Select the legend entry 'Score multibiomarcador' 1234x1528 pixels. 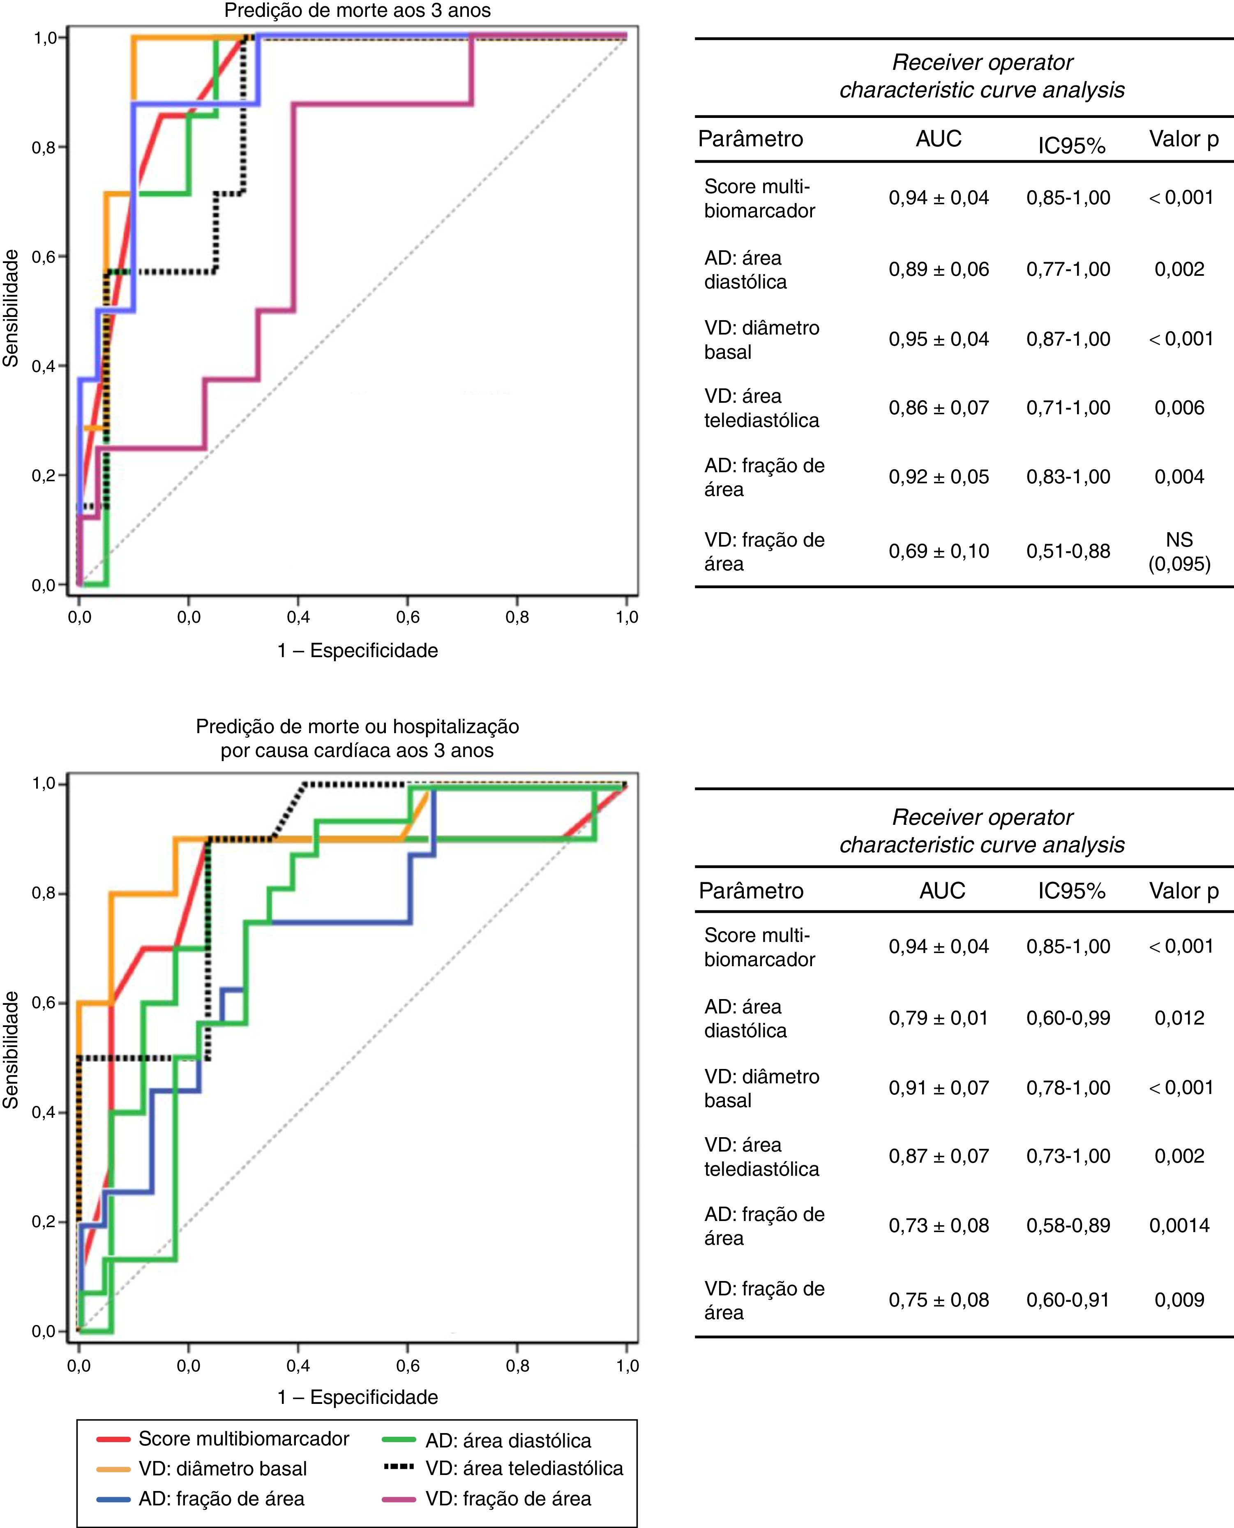(243, 1438)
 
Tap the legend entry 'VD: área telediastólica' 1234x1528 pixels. (524, 1468)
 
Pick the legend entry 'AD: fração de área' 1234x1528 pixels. (221, 1498)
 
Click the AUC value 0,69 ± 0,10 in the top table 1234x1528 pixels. (938, 551)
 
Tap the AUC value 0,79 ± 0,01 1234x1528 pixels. (938, 1018)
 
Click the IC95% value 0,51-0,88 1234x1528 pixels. (1068, 551)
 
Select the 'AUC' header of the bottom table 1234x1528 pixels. (942, 891)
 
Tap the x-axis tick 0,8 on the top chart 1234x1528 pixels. (517, 617)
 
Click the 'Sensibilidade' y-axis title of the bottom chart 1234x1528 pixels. (11, 1050)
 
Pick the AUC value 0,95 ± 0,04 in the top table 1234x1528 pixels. (938, 339)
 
